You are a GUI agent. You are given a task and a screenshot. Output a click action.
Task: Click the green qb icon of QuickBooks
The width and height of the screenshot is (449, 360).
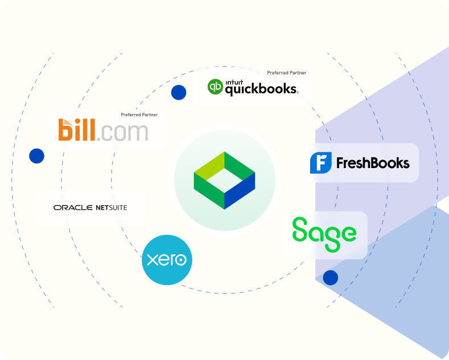coord(215,87)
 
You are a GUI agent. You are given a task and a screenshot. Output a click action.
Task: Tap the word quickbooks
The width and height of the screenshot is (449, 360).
coord(262,89)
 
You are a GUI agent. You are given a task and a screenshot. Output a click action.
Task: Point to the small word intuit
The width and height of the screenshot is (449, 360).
coord(234,82)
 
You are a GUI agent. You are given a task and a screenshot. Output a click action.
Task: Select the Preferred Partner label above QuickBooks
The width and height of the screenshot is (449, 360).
coord(287,73)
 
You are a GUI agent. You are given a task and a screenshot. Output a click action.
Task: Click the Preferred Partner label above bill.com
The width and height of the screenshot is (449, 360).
coord(139,114)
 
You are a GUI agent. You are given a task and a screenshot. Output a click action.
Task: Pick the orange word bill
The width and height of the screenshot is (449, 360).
coord(77,130)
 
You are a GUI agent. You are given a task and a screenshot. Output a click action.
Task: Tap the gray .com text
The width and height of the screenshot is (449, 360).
coord(122,132)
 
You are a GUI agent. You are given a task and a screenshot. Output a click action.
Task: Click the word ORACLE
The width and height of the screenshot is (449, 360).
coord(73,207)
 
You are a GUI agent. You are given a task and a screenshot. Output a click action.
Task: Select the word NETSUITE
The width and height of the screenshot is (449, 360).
coord(112,207)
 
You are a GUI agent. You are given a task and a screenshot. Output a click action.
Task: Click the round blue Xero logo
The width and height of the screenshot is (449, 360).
coord(167,260)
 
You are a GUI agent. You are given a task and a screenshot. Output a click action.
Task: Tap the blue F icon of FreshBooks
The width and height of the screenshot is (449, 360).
coord(321,163)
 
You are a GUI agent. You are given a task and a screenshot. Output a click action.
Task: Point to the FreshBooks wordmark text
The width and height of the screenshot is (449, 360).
coord(373,163)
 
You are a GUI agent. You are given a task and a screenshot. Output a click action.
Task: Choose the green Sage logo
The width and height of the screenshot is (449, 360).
coord(324,234)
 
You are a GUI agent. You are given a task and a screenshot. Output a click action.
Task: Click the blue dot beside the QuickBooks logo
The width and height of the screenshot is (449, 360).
coord(179,92)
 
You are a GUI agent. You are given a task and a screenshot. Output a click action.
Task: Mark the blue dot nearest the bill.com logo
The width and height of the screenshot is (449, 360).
coord(36,156)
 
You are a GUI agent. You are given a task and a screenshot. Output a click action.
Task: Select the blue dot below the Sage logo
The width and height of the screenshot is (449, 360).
coord(331,277)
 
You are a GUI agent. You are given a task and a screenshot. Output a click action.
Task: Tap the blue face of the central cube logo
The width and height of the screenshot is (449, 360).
coord(240,191)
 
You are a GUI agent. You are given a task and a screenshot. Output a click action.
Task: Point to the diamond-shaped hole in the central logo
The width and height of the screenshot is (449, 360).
coord(224,181)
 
